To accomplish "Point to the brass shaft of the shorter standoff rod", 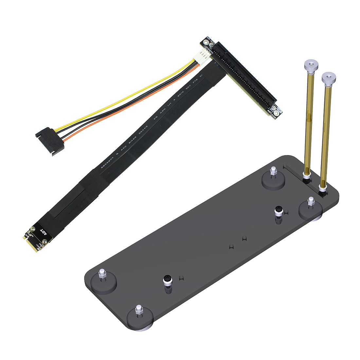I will coord(326,134).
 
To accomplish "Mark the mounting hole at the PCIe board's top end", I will coord(206,42).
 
